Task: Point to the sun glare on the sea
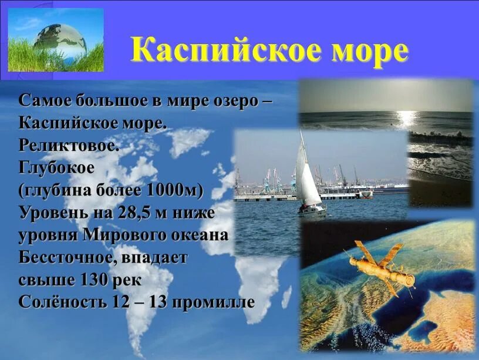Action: tap(406, 119)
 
